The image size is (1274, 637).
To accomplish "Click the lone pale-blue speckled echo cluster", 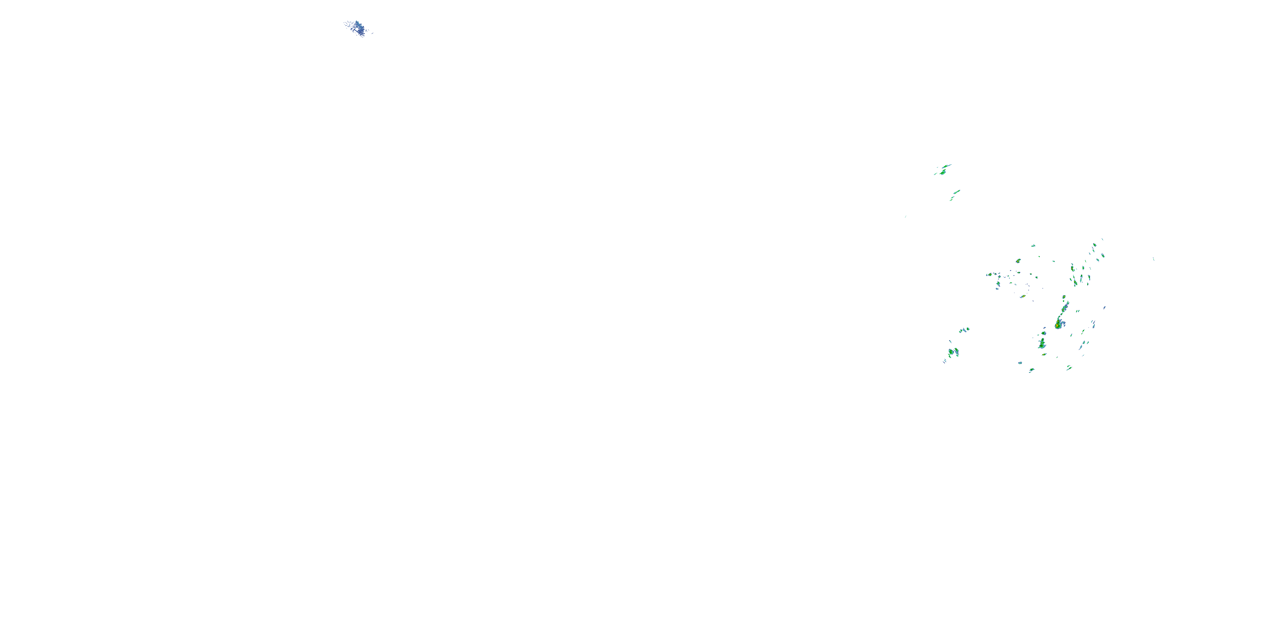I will point(357,28).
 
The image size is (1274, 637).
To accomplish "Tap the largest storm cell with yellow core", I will point(1058,324).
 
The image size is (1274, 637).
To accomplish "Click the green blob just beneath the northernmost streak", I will point(943,172).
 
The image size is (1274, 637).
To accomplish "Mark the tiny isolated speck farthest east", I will point(1153,259).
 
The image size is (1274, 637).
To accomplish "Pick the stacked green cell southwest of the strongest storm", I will point(1042,343).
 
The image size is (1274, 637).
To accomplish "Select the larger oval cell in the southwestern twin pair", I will point(950,352).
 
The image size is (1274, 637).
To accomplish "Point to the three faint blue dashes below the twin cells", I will point(944,361).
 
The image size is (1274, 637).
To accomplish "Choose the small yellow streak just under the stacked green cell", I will point(1043,355).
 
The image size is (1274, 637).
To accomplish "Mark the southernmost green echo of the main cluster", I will point(1032,370).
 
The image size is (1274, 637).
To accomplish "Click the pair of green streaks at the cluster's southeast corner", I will point(1069,367).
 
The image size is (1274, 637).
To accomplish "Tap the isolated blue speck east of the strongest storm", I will point(1105,307).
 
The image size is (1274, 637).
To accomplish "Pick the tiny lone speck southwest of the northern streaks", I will point(905,217).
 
